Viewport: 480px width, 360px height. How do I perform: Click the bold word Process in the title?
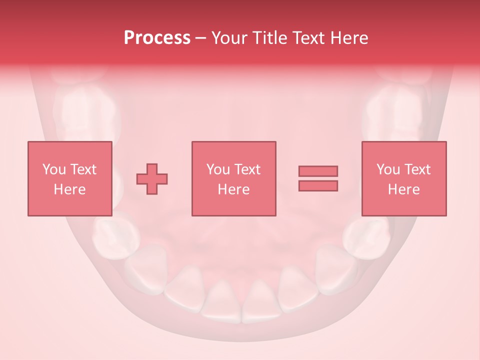(157, 38)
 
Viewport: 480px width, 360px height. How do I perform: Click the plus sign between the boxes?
(152, 178)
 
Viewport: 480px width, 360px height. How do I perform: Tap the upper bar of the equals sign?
(318, 171)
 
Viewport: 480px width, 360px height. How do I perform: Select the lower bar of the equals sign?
(318, 185)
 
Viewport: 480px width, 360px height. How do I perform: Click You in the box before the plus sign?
(54, 169)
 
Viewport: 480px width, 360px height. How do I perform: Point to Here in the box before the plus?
(70, 189)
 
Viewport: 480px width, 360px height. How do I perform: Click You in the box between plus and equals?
(218, 169)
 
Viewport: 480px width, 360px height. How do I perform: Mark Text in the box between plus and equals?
(247, 169)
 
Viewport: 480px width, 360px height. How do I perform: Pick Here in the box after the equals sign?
(404, 189)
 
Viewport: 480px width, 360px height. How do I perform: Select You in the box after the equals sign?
(388, 169)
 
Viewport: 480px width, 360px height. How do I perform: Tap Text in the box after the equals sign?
(417, 169)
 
